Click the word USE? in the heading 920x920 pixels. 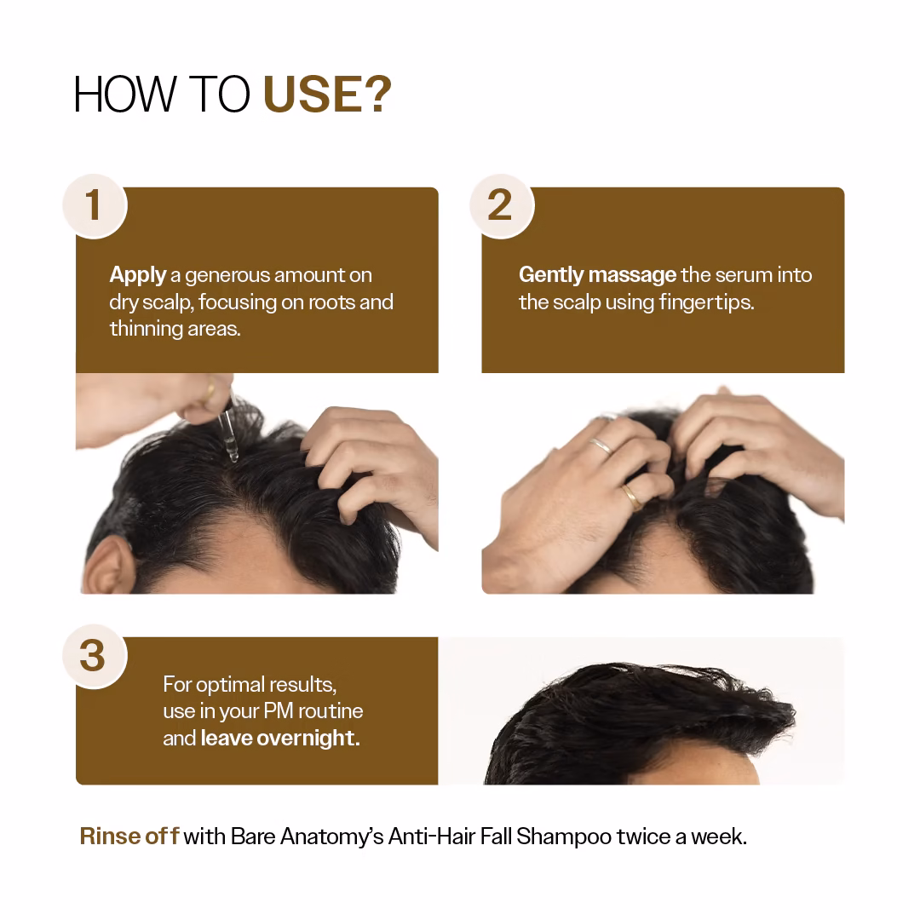[327, 94]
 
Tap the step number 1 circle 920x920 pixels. [95, 206]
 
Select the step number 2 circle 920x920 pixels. [501, 206]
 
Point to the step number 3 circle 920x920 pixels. [95, 656]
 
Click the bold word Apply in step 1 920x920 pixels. [138, 275]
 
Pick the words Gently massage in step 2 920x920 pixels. [597, 275]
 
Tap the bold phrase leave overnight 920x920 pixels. [280, 738]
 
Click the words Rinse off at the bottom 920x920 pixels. [129, 837]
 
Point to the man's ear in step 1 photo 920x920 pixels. [106, 565]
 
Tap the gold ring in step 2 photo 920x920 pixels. [631, 497]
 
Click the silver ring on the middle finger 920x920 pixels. [601, 446]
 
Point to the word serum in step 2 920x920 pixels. [743, 275]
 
